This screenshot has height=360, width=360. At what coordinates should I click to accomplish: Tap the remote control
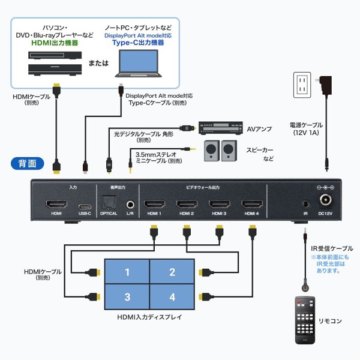point(305,320)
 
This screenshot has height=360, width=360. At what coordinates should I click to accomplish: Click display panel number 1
point(127,272)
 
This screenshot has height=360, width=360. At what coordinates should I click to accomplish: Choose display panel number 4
point(172,296)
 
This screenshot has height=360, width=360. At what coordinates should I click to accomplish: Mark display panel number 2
point(172,272)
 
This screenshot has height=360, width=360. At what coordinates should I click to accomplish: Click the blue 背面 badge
point(28,163)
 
